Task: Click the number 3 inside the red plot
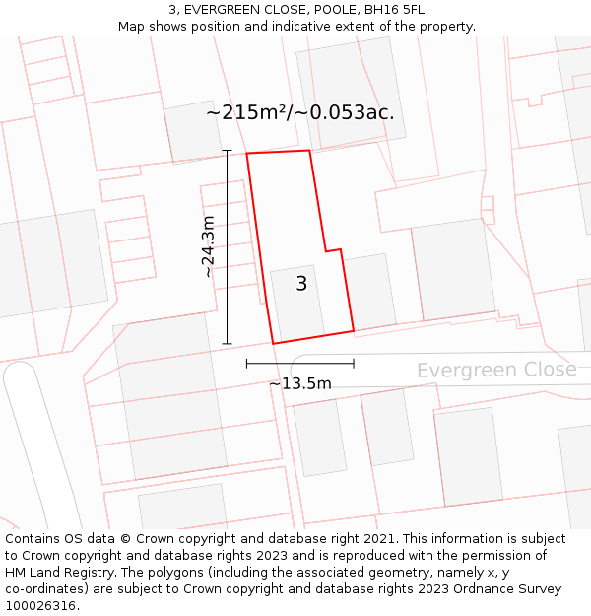coord(301,284)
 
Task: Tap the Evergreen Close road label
coord(495,370)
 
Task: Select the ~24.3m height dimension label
coord(208,246)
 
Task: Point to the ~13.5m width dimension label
coord(300,383)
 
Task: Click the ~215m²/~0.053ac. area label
coord(300,112)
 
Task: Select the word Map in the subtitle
coord(132,27)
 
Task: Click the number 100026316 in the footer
coord(40,605)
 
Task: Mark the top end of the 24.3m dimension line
coord(228,151)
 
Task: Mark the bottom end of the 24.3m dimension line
coord(228,344)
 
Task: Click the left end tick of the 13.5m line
coord(247,364)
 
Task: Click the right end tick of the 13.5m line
coord(354,364)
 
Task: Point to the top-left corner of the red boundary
coord(247,154)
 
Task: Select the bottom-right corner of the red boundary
coord(354,330)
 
